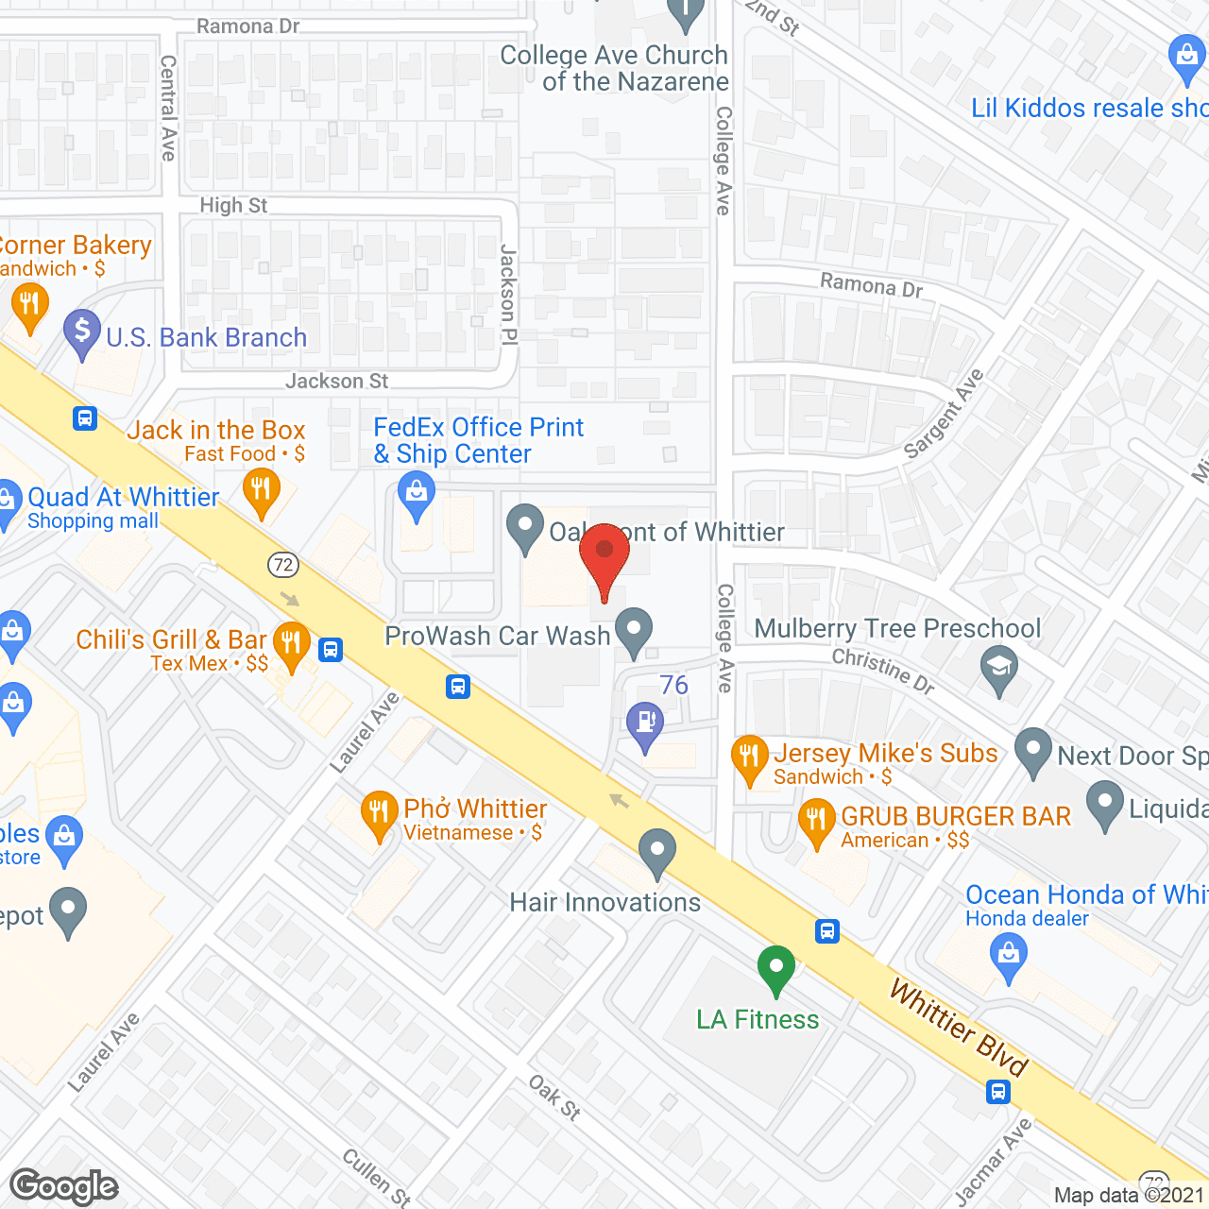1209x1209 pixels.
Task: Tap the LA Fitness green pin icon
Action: pyautogui.click(x=776, y=968)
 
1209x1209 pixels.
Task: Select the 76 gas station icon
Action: pyautogui.click(x=645, y=724)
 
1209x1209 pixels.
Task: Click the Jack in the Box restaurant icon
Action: pyautogui.click(x=261, y=491)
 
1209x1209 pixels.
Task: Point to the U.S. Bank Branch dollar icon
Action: pyautogui.click(x=82, y=332)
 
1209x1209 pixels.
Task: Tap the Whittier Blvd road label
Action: pyautogui.click(x=959, y=1029)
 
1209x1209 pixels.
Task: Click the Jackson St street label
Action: pyautogui.click(x=336, y=381)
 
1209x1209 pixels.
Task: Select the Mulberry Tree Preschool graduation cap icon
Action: pyautogui.click(x=999, y=668)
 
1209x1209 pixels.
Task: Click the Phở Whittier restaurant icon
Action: pyautogui.click(x=379, y=813)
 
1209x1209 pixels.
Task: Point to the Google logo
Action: pyautogui.click(x=63, y=1186)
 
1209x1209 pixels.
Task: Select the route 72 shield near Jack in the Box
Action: pyautogui.click(x=283, y=565)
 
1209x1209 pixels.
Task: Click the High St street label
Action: pyautogui.click(x=233, y=205)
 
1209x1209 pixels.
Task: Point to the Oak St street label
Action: pyautogui.click(x=554, y=1097)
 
